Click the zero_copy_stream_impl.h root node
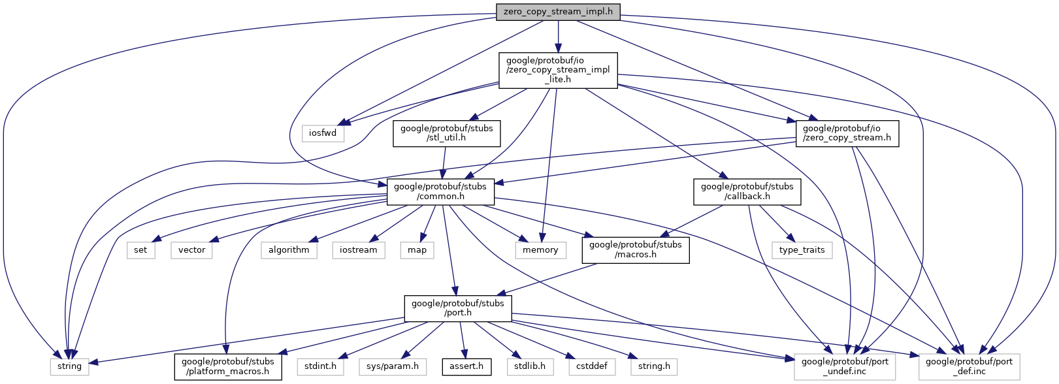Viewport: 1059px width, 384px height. coord(558,12)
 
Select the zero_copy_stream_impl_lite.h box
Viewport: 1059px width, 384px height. coord(558,71)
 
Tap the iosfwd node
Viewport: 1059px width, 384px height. coord(323,133)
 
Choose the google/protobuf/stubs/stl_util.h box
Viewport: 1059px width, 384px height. coord(447,133)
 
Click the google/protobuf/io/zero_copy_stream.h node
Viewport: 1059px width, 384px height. coord(847,133)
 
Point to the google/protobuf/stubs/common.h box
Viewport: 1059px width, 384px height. coord(440,191)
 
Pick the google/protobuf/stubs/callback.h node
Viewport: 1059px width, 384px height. coord(747,191)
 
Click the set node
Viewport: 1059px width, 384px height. coord(140,250)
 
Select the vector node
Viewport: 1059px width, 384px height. coord(191,250)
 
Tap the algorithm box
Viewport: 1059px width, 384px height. coord(289,250)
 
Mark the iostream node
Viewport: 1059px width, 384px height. coord(358,250)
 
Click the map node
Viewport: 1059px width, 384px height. coord(417,250)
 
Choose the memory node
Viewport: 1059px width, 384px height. coord(540,250)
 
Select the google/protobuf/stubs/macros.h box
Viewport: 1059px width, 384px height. coord(635,249)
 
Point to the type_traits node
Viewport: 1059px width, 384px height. coord(802,250)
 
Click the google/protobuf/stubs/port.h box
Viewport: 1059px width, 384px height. coord(457,308)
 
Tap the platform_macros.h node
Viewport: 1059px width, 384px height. coord(228,366)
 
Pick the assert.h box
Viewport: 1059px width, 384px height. coord(466,366)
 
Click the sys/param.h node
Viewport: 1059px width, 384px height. coord(392,366)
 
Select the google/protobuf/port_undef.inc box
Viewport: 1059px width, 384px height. coord(844,366)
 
